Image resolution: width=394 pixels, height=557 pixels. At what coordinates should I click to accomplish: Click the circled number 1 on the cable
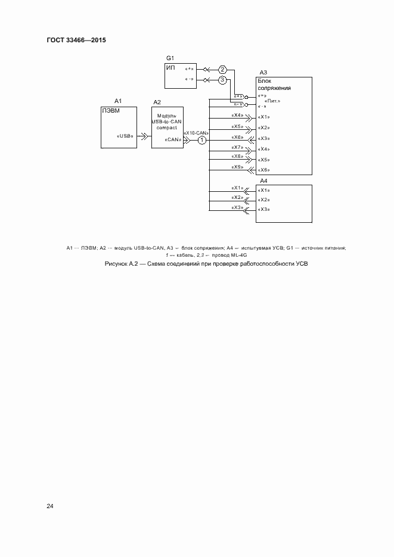(202, 141)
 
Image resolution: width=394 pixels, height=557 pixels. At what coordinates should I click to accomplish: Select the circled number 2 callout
(222, 69)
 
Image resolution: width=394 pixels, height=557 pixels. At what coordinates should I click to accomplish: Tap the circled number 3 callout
(222, 80)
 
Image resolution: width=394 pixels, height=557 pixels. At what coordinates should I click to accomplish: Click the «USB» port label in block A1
(125, 136)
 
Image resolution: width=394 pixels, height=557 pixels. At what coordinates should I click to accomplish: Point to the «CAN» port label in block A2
(173, 139)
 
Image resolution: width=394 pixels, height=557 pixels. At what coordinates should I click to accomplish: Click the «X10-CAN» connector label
(196, 133)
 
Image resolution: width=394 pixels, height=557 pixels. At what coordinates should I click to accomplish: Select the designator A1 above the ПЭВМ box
(118, 101)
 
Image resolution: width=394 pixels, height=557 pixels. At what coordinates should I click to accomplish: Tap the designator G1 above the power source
(170, 58)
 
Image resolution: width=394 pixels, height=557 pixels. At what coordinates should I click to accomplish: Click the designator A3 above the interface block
(263, 73)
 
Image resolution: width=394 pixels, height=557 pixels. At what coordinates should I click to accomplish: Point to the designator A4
(263, 181)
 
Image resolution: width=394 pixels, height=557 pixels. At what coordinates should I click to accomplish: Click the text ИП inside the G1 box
(170, 67)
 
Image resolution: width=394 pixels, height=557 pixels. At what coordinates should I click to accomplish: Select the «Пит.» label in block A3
(272, 101)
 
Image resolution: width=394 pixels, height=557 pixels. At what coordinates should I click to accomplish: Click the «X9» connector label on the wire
(238, 167)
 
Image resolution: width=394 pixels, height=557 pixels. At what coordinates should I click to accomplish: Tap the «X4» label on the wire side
(238, 115)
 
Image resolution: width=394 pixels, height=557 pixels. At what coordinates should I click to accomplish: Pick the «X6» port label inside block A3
(264, 170)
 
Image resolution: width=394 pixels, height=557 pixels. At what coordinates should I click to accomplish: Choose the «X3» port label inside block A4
(264, 210)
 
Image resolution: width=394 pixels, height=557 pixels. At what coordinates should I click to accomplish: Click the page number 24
(50, 506)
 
